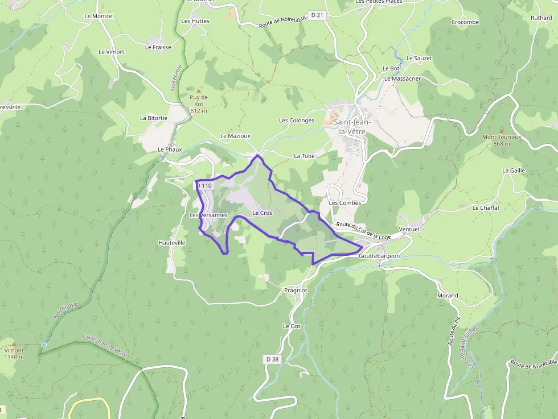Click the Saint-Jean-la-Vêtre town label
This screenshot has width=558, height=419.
352,126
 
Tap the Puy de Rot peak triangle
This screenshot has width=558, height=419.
199,91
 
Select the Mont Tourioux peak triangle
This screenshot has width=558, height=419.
501,131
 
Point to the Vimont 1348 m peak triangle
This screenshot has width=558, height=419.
14,344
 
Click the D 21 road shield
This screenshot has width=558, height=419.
317,15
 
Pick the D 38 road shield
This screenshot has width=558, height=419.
272,359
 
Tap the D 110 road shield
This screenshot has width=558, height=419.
204,186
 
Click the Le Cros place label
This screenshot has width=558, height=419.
262,213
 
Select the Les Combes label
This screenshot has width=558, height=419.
345,203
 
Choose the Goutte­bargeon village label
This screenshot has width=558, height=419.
379,256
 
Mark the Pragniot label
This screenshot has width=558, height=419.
296,290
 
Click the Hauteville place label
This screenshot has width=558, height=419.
172,243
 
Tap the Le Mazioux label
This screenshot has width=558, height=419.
235,136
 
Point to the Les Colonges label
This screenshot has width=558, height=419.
297,121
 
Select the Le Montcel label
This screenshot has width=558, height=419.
99,16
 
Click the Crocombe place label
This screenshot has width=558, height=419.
465,22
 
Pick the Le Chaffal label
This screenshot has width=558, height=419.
486,208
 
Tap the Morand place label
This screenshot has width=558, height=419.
448,296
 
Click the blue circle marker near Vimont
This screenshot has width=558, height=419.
44,344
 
